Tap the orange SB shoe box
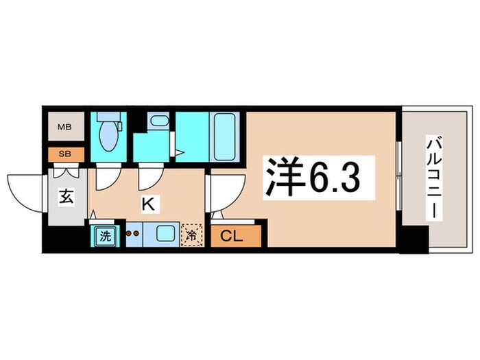(x=64, y=154)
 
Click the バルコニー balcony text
(x=434, y=176)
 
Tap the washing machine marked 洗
(x=104, y=236)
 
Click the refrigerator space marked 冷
(x=193, y=235)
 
